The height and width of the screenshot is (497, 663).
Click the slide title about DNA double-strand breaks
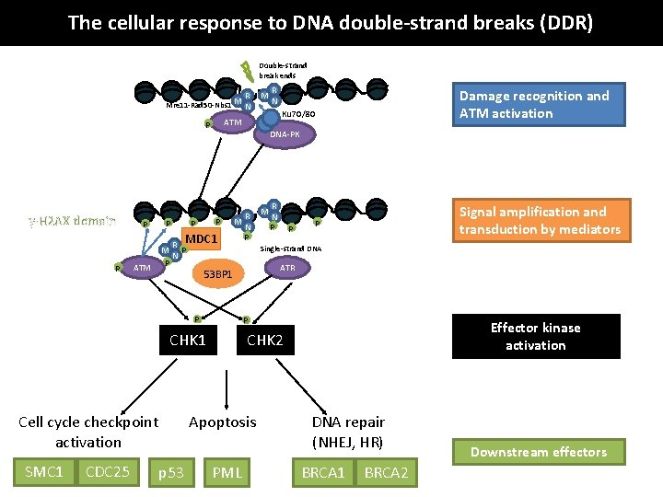point(331,22)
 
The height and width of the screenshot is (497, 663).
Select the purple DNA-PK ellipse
point(285,134)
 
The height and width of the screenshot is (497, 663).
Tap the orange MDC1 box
point(201,240)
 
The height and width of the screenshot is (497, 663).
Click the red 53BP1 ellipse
point(223,273)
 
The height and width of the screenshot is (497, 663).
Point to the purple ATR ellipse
point(287,268)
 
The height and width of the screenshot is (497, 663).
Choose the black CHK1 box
point(188,341)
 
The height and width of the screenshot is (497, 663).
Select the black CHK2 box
point(265,341)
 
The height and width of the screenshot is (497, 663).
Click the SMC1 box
point(43,472)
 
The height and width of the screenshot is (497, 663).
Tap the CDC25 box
point(107,472)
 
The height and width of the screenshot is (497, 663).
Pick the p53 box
point(171,473)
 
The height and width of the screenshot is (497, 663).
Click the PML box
point(227,473)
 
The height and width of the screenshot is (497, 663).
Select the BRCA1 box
point(323,473)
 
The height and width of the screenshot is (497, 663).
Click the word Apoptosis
point(223,422)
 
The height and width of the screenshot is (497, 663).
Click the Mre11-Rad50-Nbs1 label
point(197,105)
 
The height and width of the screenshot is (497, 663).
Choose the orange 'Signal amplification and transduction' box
point(541,221)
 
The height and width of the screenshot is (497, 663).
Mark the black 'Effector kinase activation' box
point(535,336)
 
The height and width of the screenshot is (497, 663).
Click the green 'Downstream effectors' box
point(539,452)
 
